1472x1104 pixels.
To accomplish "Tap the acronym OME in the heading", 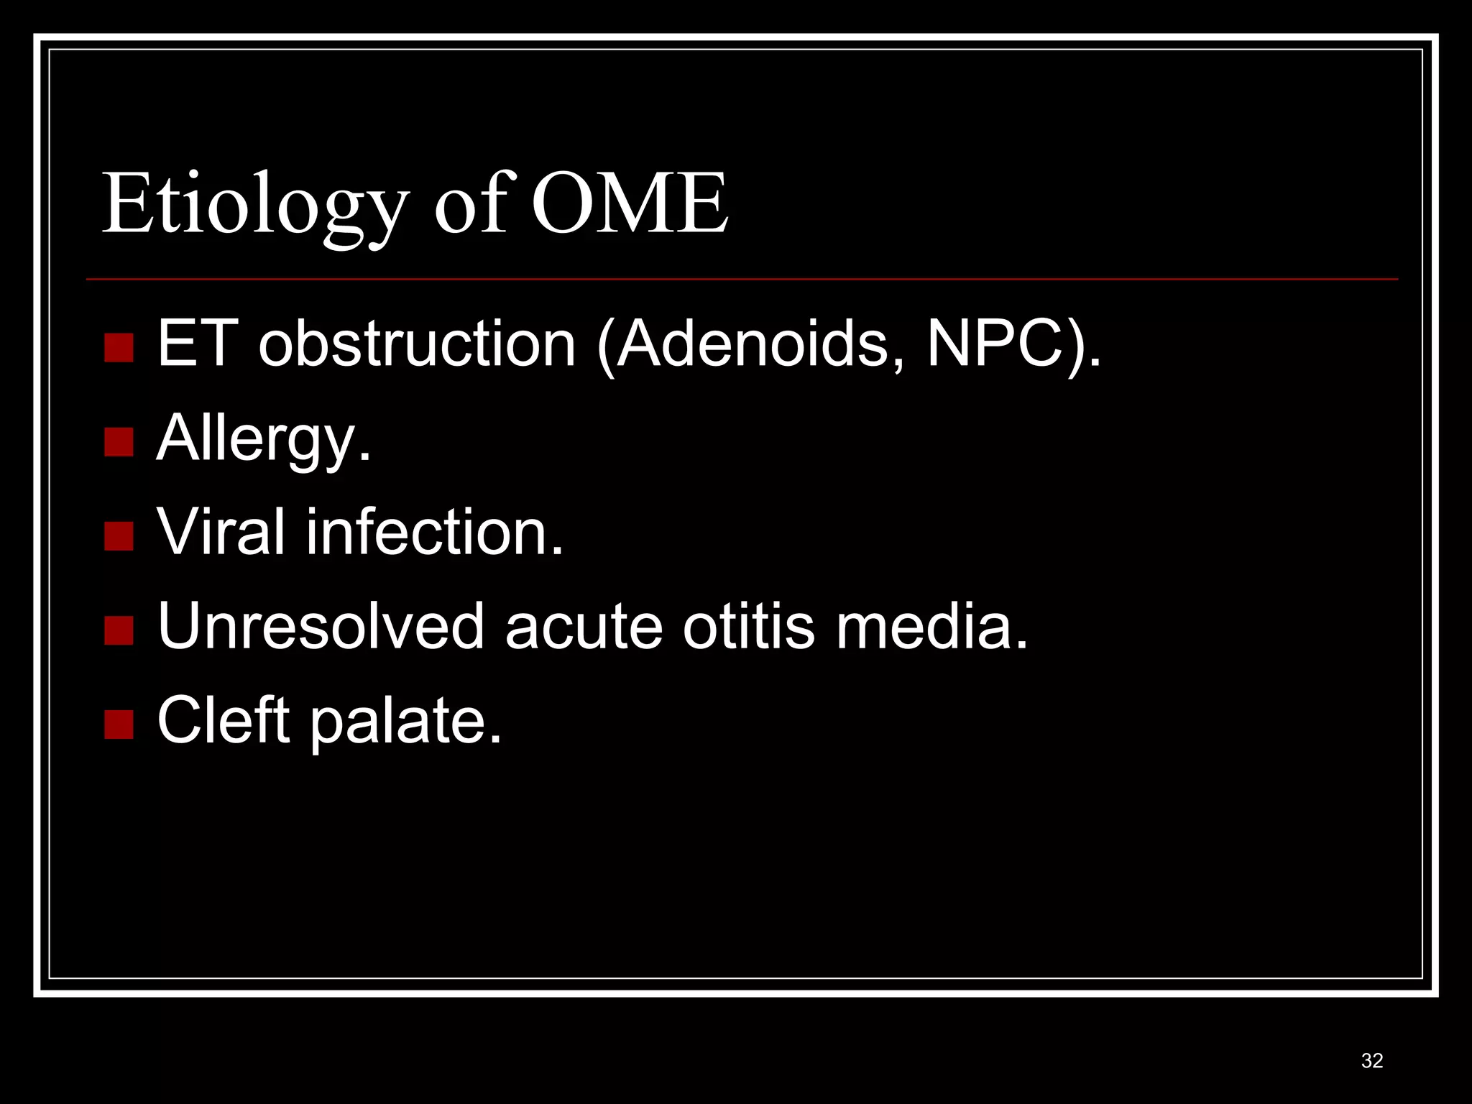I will pyautogui.click(x=630, y=205).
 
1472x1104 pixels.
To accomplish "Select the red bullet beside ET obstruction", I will pyautogui.click(x=119, y=348).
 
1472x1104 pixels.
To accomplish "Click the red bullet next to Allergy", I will pyautogui.click(x=119, y=442).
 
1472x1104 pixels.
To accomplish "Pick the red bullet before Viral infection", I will pyautogui.click(x=119, y=535).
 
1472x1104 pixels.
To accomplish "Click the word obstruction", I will pyautogui.click(x=417, y=344).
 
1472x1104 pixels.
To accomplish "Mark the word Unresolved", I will pyautogui.click(x=321, y=626).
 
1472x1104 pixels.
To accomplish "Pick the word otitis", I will pyautogui.click(x=748, y=626).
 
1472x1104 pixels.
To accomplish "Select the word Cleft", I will pyautogui.click(x=223, y=720).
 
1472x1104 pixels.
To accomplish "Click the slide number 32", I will pyautogui.click(x=1372, y=1061).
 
